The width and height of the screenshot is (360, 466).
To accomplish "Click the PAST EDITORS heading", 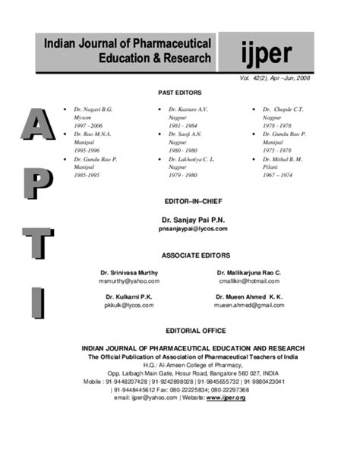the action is click(x=180, y=92).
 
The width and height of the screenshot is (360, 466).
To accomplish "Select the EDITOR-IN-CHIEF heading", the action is click(x=180, y=201).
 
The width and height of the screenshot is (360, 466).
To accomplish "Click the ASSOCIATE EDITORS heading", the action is click(x=180, y=255).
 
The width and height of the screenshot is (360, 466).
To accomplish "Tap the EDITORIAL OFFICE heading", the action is click(x=180, y=331).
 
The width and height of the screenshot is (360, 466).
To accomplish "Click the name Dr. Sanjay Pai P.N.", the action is click(x=180, y=219).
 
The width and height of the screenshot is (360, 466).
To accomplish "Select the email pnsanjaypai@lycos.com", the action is click(x=180, y=228).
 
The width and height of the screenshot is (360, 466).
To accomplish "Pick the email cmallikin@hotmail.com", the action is click(x=248, y=281).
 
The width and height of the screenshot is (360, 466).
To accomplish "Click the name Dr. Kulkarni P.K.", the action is click(x=129, y=296).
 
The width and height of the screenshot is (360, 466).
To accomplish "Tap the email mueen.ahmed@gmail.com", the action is click(x=248, y=305).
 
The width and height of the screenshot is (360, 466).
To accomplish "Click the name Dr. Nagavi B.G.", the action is click(x=92, y=109).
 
